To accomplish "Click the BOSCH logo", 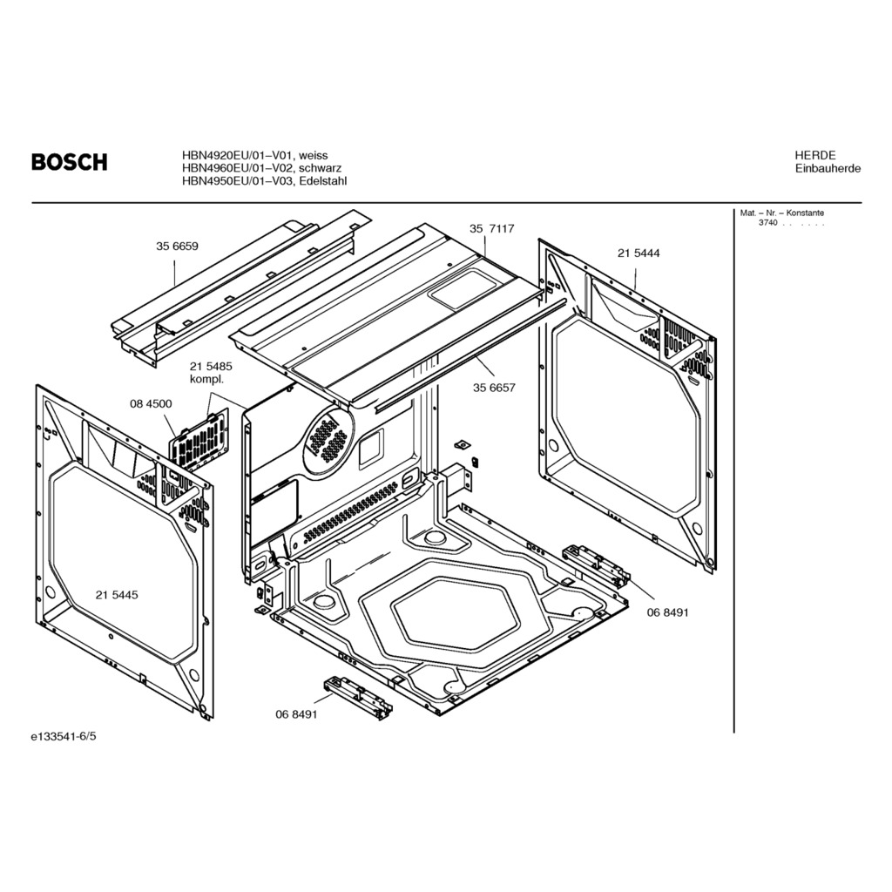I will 70,162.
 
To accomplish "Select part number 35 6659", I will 177,247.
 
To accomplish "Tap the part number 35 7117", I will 492,228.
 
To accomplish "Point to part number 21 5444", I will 639,253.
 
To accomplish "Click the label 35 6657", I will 494,388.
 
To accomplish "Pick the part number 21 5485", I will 212,368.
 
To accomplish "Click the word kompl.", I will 206,381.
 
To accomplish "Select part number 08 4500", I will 151,404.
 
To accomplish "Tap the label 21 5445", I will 117,595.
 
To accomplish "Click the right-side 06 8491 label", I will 667,612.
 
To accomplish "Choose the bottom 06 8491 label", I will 296,713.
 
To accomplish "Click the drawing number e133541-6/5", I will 64,737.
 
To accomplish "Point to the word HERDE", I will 814,155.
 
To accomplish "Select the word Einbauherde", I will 828,169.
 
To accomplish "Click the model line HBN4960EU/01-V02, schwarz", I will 261,168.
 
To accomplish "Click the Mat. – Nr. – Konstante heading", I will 781,213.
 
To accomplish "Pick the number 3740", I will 767,224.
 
